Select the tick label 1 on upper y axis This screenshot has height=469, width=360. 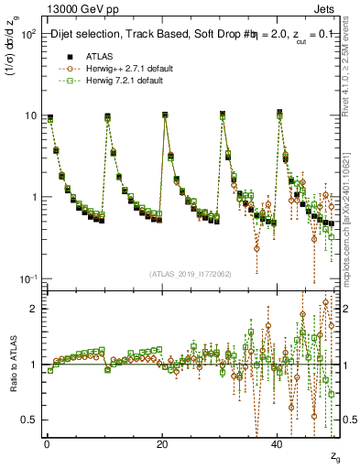pyautogui.click(x=32, y=198)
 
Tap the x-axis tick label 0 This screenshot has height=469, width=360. pyautogui.click(x=46, y=443)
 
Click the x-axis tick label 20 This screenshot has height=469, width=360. pyautogui.click(x=162, y=443)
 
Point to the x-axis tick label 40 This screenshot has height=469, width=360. pyautogui.click(x=278, y=443)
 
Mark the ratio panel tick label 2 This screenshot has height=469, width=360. pyautogui.click(x=32, y=309)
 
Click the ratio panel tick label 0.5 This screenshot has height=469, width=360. pyautogui.click(x=28, y=420)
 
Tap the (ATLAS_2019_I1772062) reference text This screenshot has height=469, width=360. pyautogui.click(x=191, y=274)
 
